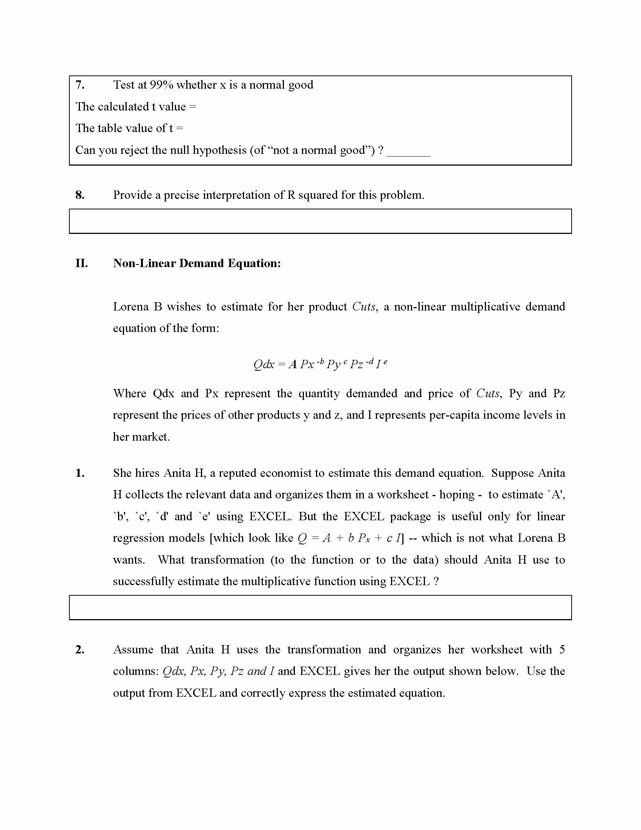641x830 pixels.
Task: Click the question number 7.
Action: [x=80, y=85]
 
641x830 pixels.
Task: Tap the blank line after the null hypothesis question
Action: [x=408, y=154]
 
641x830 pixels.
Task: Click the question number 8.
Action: [x=80, y=195]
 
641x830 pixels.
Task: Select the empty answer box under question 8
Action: [x=320, y=221]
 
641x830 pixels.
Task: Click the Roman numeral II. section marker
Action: [x=82, y=263]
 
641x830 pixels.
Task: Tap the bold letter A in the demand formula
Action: [x=293, y=364]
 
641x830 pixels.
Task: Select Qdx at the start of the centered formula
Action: [x=264, y=364]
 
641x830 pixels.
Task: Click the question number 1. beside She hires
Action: [x=80, y=473]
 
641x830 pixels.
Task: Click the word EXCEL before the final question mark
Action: [x=409, y=581]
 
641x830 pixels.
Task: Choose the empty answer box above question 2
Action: [x=320, y=607]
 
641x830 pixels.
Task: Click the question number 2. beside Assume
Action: [x=80, y=650]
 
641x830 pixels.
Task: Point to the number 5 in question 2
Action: [x=562, y=650]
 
